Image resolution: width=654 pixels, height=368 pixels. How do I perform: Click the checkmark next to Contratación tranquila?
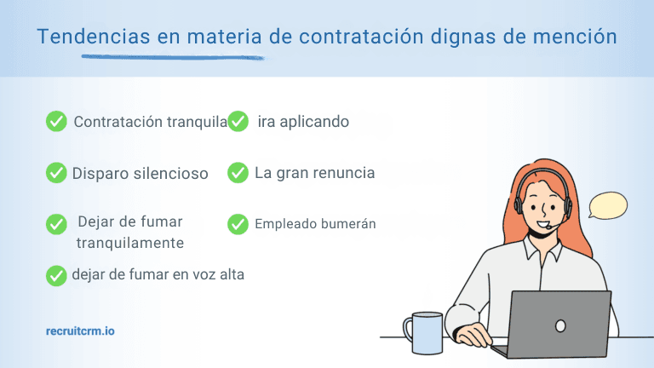point(56,122)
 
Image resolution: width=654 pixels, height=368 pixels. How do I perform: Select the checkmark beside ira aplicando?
point(238,122)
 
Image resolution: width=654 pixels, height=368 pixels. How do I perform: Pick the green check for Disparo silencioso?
point(56,173)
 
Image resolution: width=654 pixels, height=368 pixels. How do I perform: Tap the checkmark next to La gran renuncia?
point(238,173)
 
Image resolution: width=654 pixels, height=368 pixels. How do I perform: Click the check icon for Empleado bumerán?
point(238,224)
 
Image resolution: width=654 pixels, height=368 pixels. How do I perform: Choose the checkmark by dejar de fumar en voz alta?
point(56,275)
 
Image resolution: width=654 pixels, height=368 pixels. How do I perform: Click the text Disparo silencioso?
point(141,174)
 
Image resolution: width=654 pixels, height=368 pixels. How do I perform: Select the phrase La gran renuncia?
point(314,173)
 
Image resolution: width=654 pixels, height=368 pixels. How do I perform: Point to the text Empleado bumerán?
point(315,224)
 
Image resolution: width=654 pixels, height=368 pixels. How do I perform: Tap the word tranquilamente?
point(129,243)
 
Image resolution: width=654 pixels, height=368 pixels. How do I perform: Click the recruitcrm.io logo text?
point(80,330)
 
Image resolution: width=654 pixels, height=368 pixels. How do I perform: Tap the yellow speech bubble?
point(608,206)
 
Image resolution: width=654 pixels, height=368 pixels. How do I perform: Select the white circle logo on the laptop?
point(560,325)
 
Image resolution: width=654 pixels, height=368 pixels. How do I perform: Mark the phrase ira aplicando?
point(303,122)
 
